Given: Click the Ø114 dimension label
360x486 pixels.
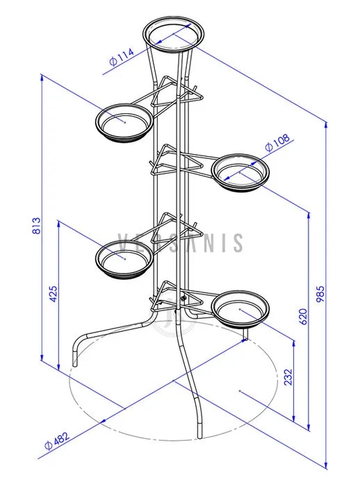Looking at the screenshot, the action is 122,57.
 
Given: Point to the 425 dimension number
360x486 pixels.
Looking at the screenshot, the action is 53,294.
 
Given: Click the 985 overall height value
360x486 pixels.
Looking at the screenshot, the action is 320,294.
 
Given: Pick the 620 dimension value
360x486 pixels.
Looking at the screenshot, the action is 303,317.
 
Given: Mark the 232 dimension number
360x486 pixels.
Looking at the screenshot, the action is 288,376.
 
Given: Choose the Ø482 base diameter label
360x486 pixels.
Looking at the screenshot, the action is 57,440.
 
